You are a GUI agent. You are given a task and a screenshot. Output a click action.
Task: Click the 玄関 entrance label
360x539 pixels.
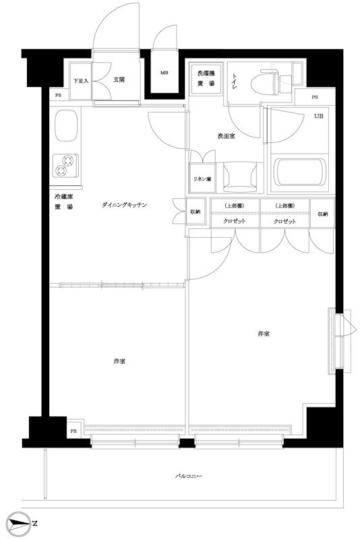pos(119,80)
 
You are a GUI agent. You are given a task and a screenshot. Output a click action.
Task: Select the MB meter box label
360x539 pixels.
pos(164,72)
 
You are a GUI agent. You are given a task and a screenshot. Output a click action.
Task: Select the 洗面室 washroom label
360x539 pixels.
pos(226,136)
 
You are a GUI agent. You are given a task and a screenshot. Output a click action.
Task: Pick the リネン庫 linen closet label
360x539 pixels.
pos(202,179)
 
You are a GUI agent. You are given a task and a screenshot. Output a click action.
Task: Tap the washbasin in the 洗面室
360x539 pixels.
pos(240,176)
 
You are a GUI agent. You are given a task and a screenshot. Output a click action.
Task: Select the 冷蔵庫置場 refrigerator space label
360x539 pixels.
pos(65,201)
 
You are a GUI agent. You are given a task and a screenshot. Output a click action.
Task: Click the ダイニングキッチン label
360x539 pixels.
pos(125,204)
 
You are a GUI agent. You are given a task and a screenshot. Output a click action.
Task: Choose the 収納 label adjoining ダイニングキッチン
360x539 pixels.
pos(194,212)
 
